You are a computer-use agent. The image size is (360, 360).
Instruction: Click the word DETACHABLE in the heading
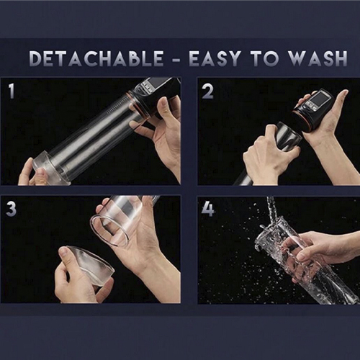coord(96,58)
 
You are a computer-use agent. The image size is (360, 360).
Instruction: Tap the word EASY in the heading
coord(215,58)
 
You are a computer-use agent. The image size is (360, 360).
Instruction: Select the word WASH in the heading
coord(318,58)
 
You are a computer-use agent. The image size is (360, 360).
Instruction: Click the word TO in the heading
coord(265,58)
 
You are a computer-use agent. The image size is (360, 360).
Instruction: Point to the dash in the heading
coord(176,59)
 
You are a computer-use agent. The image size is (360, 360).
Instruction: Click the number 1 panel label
coord(12,91)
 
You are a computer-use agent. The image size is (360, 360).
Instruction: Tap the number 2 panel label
coord(207,91)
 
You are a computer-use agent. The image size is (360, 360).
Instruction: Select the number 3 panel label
coord(11,209)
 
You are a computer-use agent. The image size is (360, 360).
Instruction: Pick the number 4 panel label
coord(208,209)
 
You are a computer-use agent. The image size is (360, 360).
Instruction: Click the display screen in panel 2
coord(318,99)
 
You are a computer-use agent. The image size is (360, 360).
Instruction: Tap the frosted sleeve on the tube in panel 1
coord(49,167)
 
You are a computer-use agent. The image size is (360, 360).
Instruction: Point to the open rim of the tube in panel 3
coord(109,230)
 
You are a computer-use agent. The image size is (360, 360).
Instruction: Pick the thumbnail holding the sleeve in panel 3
coord(63,251)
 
